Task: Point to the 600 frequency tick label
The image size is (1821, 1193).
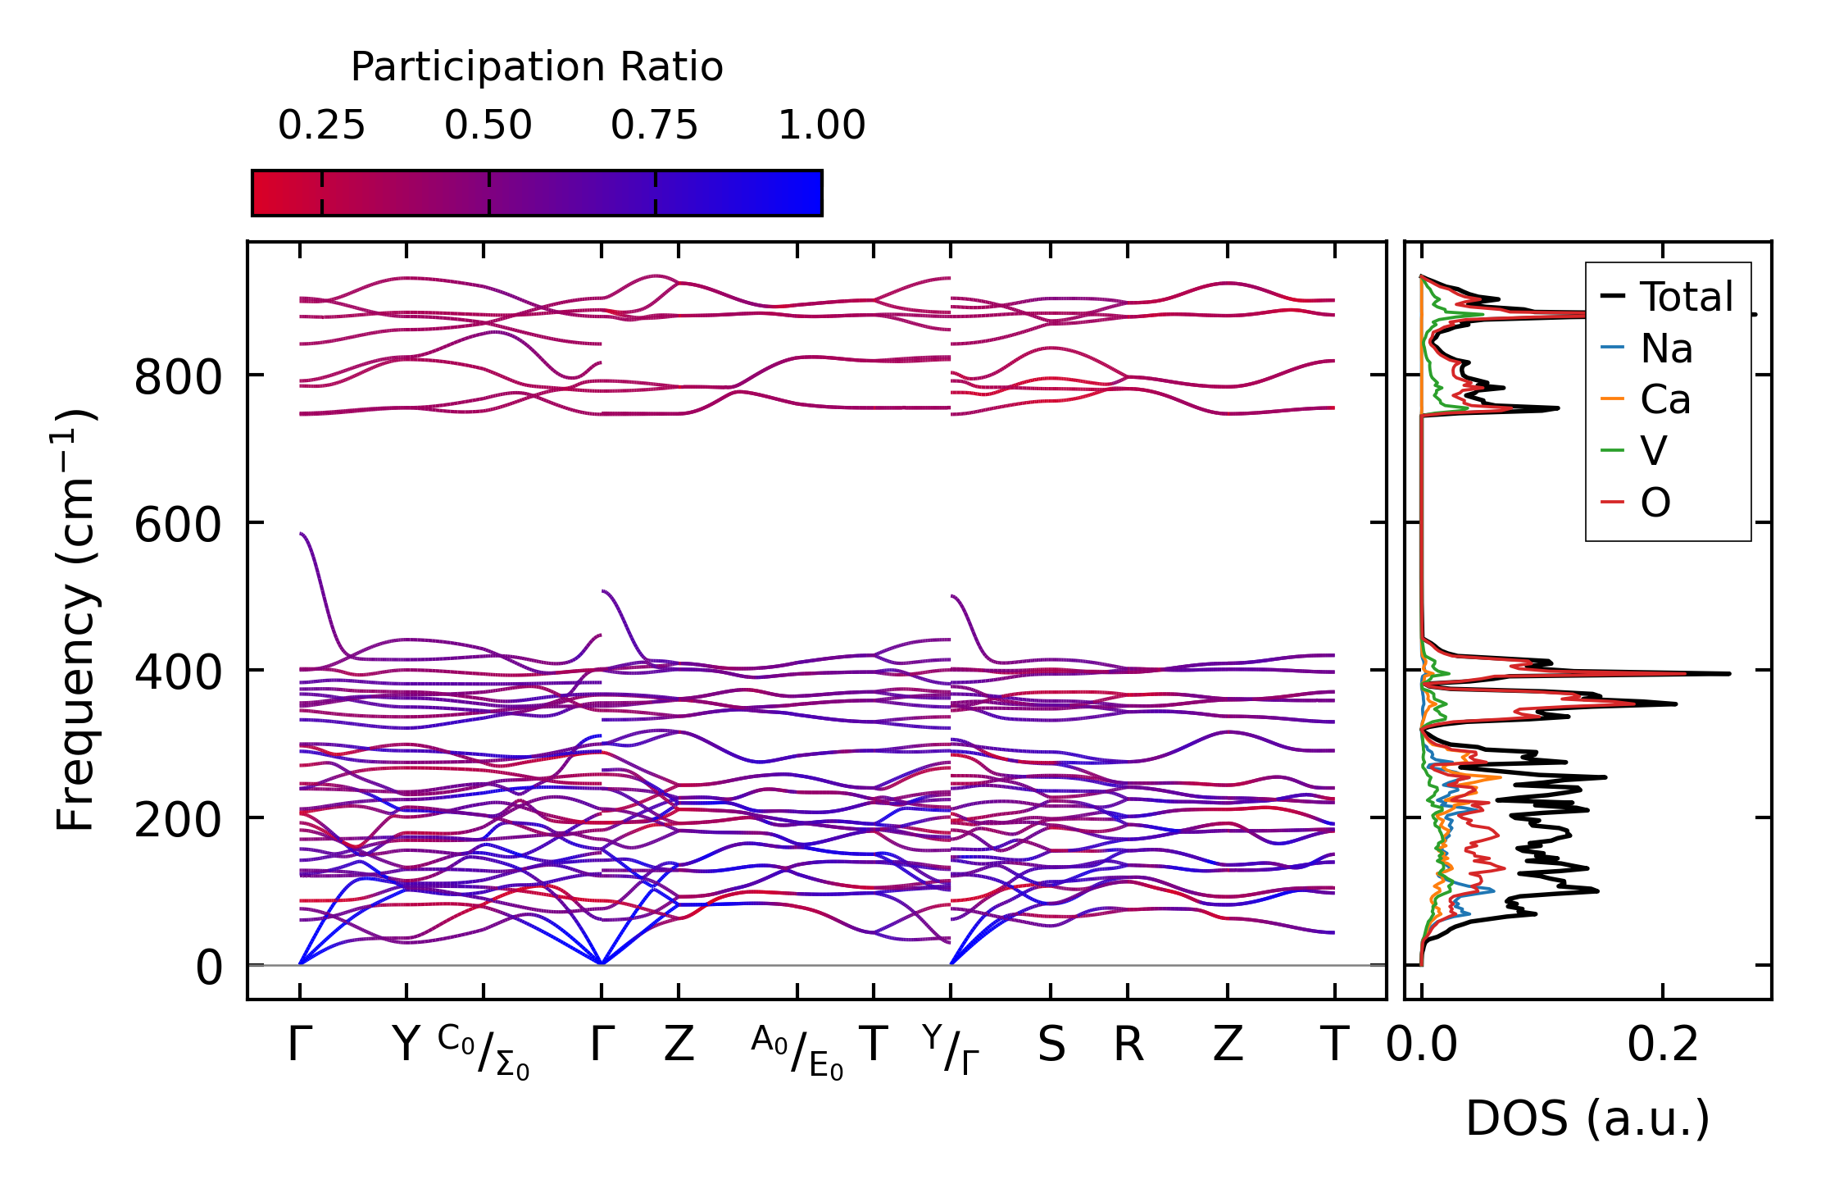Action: pyautogui.click(x=177, y=525)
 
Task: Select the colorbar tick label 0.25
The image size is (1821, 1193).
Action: pyautogui.click(x=321, y=125)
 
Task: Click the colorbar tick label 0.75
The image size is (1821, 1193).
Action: pyautogui.click(x=654, y=125)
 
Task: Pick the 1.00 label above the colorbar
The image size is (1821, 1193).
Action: pyautogui.click(x=821, y=125)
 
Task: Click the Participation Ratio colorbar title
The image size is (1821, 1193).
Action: pyautogui.click(x=537, y=66)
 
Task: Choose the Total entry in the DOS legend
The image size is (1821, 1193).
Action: pyautogui.click(x=1686, y=297)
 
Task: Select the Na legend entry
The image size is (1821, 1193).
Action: pyautogui.click(x=1666, y=348)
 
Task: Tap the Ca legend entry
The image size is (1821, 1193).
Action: pyautogui.click(x=1664, y=400)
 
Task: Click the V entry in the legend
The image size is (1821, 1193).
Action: pyautogui.click(x=1653, y=451)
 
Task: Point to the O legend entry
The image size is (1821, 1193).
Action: pyautogui.click(x=1655, y=503)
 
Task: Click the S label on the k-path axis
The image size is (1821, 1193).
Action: pyautogui.click(x=1051, y=1045)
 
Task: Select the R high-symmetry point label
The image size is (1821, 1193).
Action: pyautogui.click(x=1128, y=1045)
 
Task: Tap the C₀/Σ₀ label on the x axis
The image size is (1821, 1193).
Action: pyautogui.click(x=484, y=1050)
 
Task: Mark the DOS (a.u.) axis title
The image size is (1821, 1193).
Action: pyautogui.click(x=1587, y=1119)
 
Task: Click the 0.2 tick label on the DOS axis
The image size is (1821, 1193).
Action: pyautogui.click(x=1662, y=1045)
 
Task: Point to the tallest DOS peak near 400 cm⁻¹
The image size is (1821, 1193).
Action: pyautogui.click(x=1728, y=674)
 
